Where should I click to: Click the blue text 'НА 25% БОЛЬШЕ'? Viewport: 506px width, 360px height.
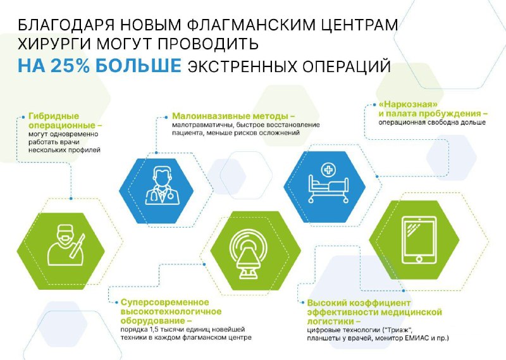99,66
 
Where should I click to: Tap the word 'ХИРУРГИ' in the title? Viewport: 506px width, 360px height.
54,44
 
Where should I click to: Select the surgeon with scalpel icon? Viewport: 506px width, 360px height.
67,245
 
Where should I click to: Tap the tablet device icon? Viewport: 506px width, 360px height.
419,240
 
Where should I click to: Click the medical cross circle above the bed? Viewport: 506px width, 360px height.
328,170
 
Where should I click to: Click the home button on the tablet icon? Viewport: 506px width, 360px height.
419,259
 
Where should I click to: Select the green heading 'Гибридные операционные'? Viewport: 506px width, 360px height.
65,121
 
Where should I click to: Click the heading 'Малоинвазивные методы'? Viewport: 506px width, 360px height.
233,116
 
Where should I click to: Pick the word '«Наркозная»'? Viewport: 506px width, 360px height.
408,104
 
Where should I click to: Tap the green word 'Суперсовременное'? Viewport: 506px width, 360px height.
165,302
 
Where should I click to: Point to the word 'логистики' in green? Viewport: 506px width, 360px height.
331,321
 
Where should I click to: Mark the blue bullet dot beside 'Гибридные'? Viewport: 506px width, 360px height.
23,117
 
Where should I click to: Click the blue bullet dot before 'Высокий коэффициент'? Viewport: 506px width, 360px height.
303,303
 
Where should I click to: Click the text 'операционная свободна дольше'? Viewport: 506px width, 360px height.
432,123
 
